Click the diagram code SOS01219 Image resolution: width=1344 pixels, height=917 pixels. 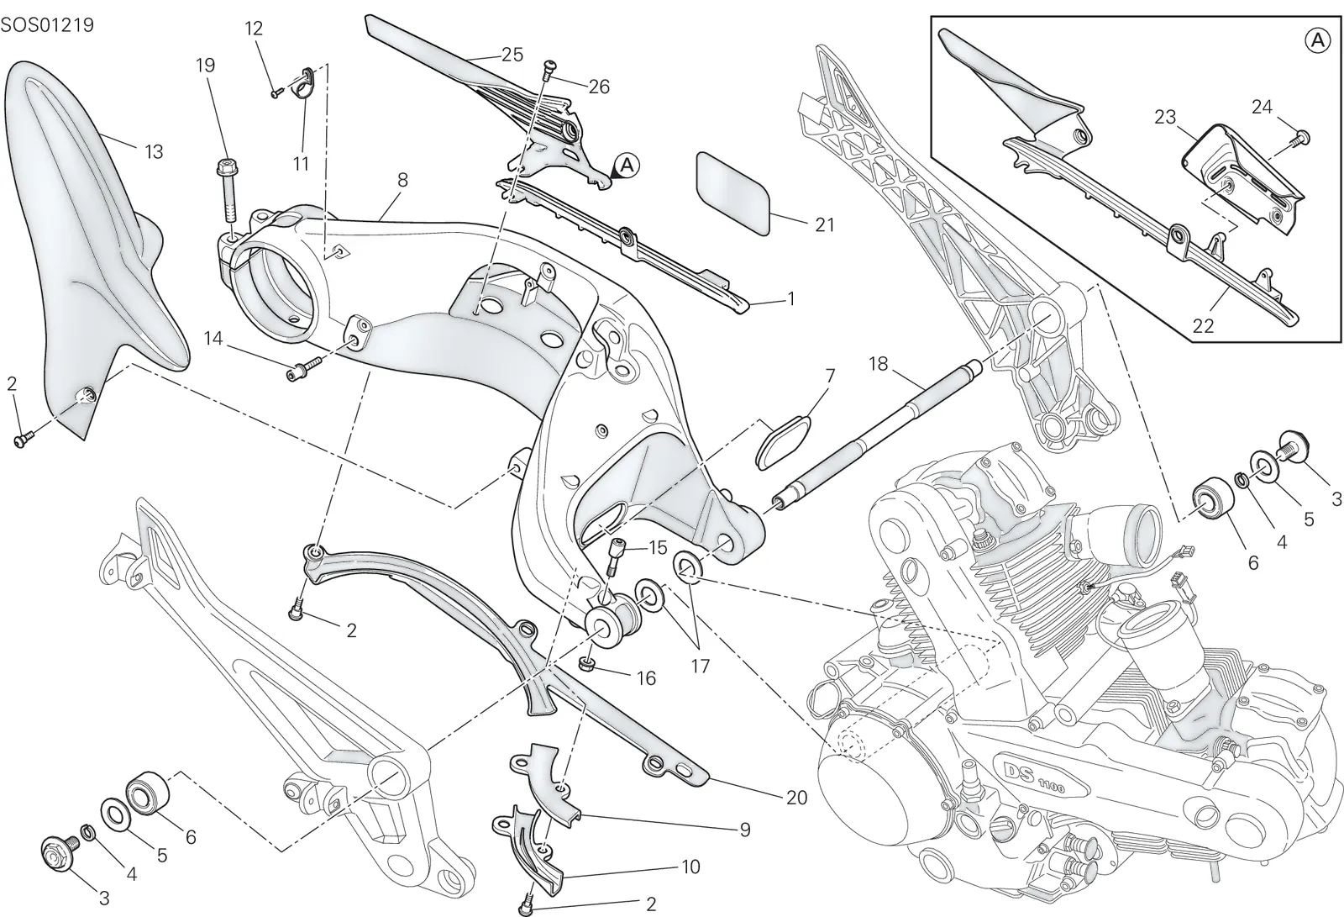click(47, 25)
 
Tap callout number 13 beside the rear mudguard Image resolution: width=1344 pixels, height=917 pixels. click(155, 151)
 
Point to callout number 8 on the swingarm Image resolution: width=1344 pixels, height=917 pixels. click(402, 180)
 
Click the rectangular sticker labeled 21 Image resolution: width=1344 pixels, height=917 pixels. click(732, 192)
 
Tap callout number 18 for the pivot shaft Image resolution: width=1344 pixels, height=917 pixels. click(878, 363)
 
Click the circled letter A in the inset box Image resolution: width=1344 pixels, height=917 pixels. click(1318, 40)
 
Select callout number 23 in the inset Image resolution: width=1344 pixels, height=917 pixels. click(1164, 117)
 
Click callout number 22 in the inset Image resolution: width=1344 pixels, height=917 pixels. click(1203, 325)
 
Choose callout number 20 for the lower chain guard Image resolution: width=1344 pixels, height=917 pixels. click(797, 798)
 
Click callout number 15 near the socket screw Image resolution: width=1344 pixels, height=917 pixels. click(659, 547)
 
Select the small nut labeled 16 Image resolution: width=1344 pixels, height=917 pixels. click(588, 664)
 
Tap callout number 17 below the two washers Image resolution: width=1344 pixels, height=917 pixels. click(701, 666)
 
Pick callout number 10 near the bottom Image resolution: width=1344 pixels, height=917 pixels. click(690, 867)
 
